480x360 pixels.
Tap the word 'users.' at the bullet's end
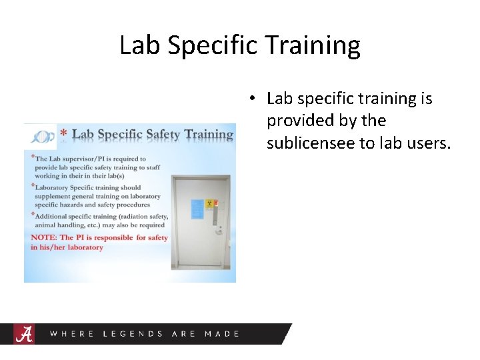428,143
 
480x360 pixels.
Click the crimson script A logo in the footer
23,333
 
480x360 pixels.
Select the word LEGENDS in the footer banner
133,333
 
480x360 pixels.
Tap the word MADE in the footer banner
221,333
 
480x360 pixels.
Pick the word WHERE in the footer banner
72,333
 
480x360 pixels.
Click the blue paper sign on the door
197,207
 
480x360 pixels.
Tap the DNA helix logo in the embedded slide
41,135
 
